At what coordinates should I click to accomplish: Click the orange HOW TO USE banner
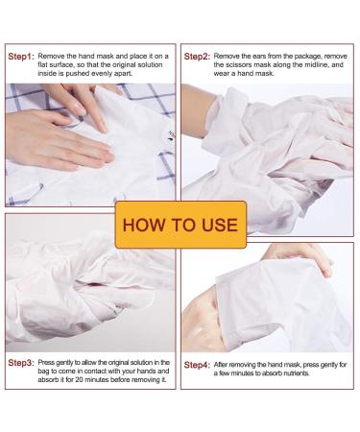tap(180, 227)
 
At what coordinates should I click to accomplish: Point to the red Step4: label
tap(199, 366)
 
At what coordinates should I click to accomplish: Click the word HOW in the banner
tap(141, 227)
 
